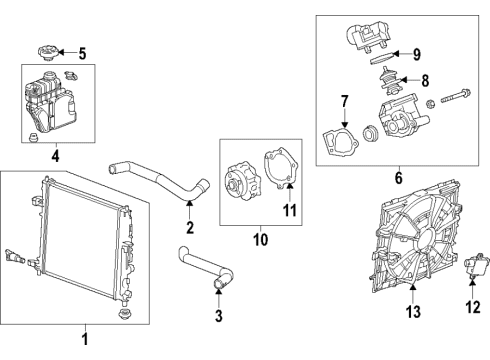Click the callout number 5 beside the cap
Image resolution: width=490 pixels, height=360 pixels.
click(x=82, y=54)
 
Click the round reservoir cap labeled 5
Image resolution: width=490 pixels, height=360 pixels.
click(x=45, y=52)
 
